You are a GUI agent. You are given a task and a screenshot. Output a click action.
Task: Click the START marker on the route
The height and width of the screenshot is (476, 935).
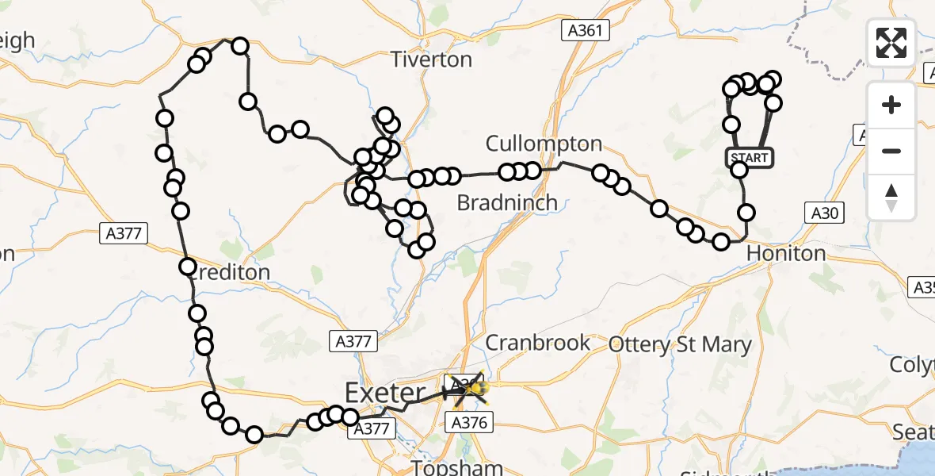(x=750, y=157)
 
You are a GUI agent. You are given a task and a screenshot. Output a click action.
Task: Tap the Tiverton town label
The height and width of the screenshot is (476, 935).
(x=432, y=59)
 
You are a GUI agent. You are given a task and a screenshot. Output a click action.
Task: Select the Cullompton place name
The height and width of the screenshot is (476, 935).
(x=544, y=144)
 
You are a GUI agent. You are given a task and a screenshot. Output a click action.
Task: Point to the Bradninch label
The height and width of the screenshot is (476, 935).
(x=507, y=203)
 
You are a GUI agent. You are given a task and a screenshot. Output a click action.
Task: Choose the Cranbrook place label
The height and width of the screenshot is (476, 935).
(x=537, y=343)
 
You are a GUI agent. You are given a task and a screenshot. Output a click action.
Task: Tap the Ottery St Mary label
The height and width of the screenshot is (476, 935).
(x=679, y=344)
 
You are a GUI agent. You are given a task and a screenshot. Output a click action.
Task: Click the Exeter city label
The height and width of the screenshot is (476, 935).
(x=384, y=393)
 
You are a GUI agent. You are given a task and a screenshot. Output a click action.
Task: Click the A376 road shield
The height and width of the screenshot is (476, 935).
(x=469, y=424)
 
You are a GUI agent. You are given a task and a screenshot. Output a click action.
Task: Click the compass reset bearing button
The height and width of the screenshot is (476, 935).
(x=891, y=197)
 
